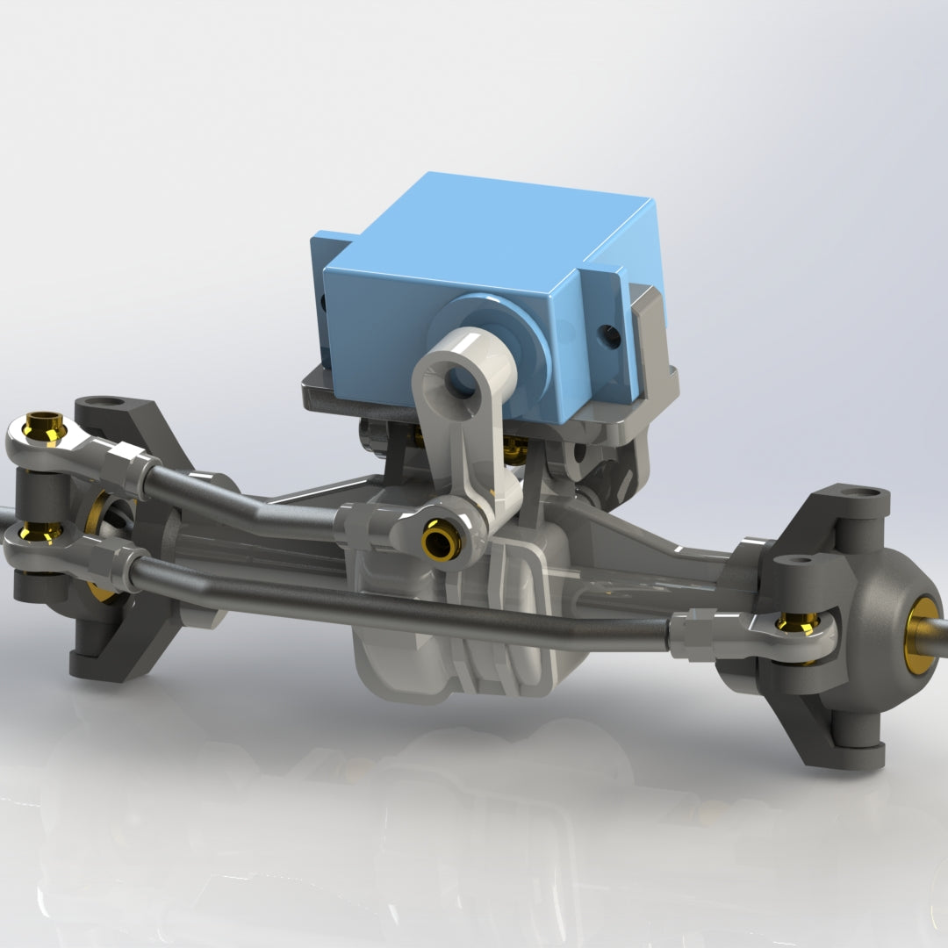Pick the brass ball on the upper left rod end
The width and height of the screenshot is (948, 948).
pyautogui.click(x=44, y=427)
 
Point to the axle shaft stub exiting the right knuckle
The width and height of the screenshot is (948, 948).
pyautogui.click(x=940, y=626)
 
